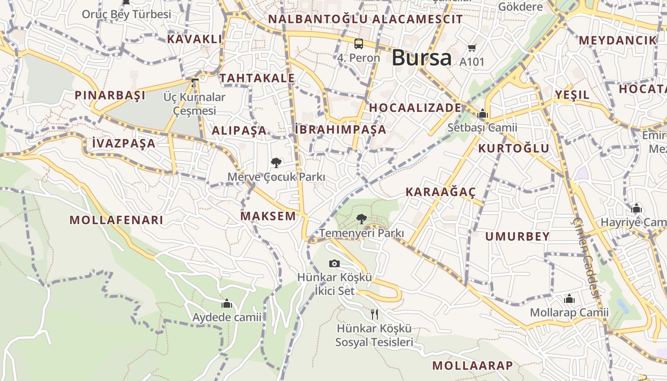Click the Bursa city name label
[421, 58]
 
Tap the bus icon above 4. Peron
[359, 44]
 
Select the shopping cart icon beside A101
[472, 48]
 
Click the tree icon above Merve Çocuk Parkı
[276, 163]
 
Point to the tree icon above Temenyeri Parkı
[362, 219]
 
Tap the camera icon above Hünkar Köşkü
[334, 263]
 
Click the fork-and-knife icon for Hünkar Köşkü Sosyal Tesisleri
[374, 314]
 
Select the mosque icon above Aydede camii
[227, 303]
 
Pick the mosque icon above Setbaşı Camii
[482, 114]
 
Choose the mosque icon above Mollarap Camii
[569, 299]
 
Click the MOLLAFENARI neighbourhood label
[116, 220]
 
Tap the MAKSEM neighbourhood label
[268, 216]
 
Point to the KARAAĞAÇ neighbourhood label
[440, 192]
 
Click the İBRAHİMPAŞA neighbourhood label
[340, 130]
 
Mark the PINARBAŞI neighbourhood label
[110, 95]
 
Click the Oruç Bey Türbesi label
[126, 14]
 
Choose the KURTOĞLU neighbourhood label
[514, 148]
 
